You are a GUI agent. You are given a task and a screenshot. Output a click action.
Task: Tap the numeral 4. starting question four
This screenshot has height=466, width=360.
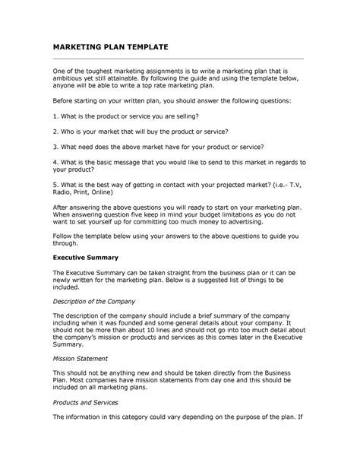tap(55, 162)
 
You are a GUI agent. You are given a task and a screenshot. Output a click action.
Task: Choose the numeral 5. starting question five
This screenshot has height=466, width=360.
tap(55, 185)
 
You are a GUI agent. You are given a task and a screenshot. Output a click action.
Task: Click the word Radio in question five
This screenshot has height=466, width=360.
tap(62, 192)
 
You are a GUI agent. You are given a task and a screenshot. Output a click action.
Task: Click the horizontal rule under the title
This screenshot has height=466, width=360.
tap(178, 58)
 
